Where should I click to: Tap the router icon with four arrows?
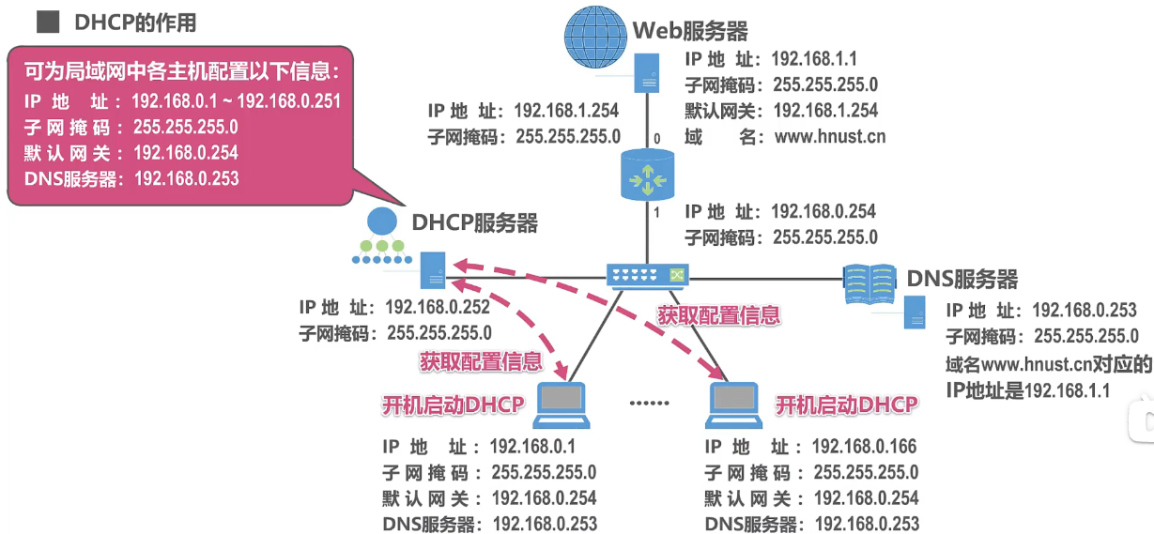648,173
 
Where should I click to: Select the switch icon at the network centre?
648,274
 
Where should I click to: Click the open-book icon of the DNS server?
869,281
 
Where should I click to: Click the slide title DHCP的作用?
135,21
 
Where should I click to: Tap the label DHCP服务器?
474,222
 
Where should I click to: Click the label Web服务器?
690,31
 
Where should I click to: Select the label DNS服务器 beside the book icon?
962,279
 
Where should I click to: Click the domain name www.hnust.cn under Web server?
830,137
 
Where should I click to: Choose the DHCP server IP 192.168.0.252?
439,307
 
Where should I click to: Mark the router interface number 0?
656,139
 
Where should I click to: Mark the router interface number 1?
656,212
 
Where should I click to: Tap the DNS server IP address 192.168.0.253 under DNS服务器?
1085,311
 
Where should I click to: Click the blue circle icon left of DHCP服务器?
380,222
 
